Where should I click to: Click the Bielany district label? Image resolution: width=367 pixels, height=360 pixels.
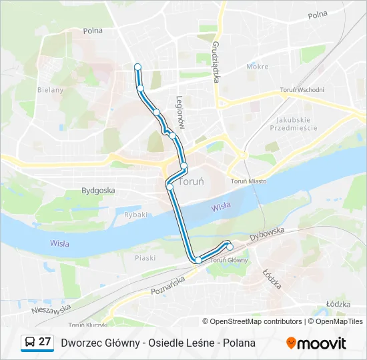50,89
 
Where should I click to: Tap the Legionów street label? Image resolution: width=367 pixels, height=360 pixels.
179,111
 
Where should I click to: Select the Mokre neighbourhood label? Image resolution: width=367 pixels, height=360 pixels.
257,67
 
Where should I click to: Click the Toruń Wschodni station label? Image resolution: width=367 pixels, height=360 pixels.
302,90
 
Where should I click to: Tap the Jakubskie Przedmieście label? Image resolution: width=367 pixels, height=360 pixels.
296,123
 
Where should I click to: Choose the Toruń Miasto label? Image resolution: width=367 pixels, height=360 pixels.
248,181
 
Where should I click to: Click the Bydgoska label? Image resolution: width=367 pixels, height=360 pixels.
98,190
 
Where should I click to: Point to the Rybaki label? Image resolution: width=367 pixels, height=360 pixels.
135,214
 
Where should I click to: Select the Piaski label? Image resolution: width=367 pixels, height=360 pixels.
145,257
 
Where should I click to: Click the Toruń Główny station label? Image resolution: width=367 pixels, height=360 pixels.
229,259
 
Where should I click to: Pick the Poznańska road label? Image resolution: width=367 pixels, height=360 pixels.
167,286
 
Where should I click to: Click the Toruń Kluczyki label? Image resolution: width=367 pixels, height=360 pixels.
87,325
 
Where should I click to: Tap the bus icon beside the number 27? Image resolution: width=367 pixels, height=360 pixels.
30,343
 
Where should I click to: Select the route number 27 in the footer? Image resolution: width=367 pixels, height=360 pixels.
45,342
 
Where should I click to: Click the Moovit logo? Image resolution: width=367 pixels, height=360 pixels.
316,343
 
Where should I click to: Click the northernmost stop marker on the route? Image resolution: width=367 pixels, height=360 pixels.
137,67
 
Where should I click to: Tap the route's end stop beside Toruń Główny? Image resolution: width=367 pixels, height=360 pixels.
230,247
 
